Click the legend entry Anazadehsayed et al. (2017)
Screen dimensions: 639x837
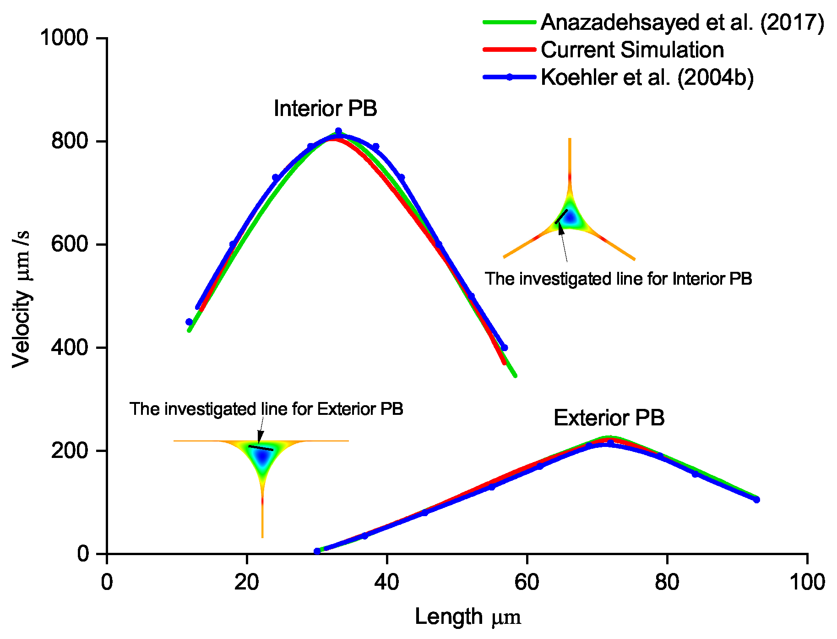(x=682, y=22)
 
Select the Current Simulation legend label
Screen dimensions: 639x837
(x=632, y=50)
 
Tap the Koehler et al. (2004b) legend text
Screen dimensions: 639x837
(x=647, y=77)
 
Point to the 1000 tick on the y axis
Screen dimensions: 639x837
(x=64, y=38)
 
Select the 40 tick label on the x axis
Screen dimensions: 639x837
(x=386, y=582)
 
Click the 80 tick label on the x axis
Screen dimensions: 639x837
(x=667, y=582)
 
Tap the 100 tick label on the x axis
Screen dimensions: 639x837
(x=807, y=582)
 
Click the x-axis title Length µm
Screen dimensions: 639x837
(x=467, y=617)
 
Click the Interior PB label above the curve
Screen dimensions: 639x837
(x=325, y=109)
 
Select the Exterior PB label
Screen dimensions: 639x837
(x=609, y=418)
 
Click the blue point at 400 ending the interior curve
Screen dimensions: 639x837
(x=504, y=347)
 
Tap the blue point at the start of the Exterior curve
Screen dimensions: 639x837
(x=317, y=551)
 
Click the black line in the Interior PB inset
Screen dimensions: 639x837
(x=561, y=216)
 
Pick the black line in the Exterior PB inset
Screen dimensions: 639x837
(x=261, y=448)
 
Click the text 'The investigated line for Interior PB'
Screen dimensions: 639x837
(x=618, y=279)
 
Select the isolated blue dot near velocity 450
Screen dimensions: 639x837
(x=189, y=322)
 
